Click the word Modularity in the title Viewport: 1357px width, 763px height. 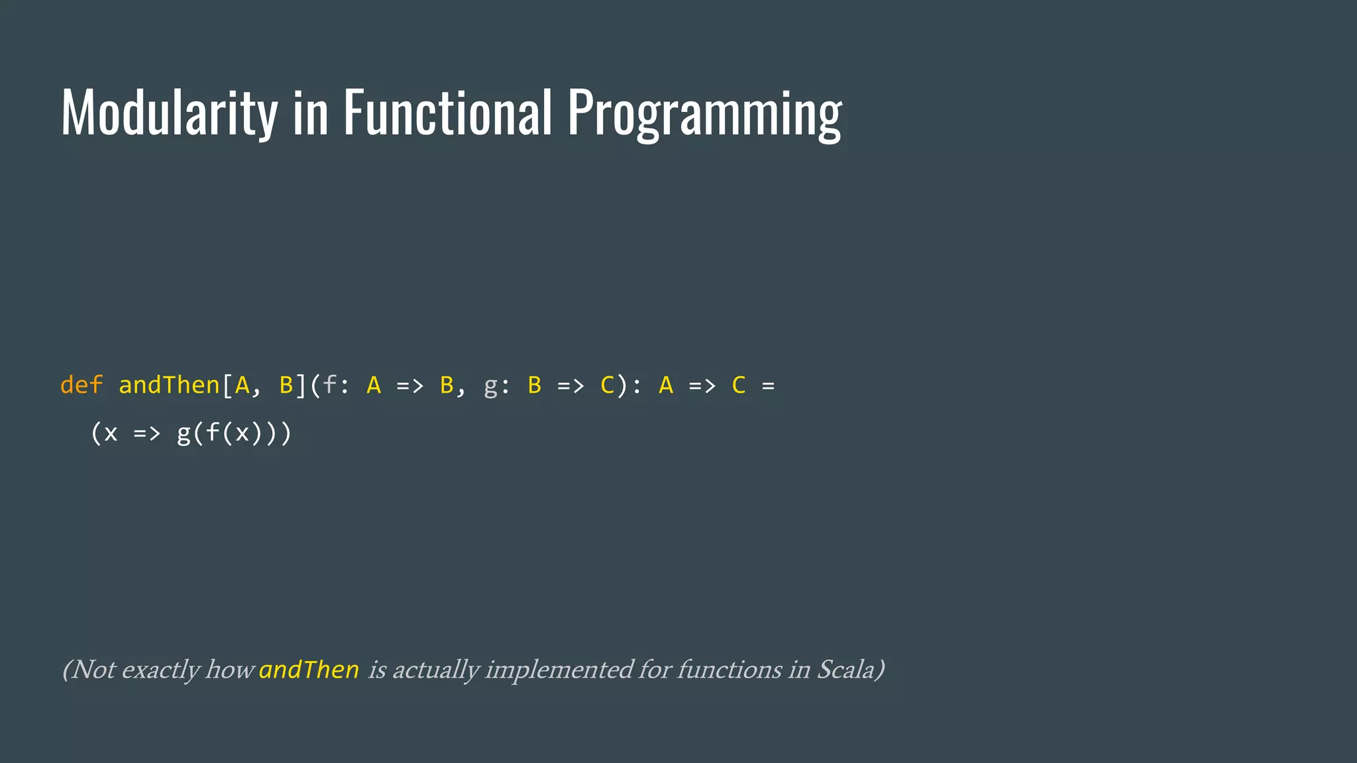pos(169,113)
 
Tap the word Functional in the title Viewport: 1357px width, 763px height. pos(447,113)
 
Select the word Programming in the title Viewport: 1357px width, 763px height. pos(704,114)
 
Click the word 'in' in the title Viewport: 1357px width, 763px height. pos(310,113)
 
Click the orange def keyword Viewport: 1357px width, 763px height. pos(81,385)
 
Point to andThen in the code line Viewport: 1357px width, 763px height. pos(169,385)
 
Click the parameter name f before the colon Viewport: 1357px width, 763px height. pos(329,385)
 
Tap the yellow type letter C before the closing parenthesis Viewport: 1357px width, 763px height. pos(607,385)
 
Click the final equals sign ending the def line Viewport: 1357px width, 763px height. pos(768,385)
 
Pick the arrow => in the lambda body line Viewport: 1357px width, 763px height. pos(147,434)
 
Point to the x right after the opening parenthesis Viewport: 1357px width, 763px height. pos(111,434)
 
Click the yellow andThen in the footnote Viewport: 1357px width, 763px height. pos(309,670)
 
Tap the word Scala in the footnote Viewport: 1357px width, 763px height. pos(845,670)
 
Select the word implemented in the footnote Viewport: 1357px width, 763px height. pos(559,670)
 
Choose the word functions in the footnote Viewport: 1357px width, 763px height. pos(729,670)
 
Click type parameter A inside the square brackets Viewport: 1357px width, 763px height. pos(243,385)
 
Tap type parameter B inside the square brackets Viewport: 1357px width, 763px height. pos(286,385)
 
